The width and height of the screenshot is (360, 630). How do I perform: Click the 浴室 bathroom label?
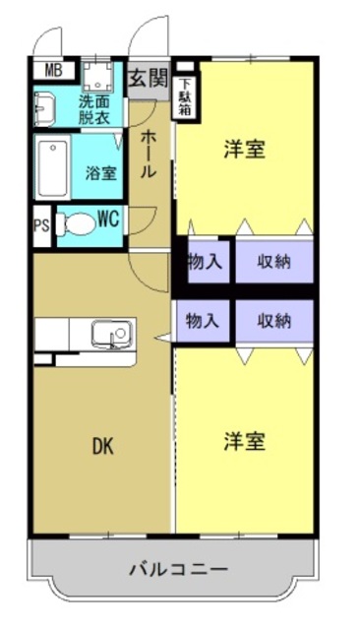[x=100, y=173]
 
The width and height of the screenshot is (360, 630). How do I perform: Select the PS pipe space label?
[x=41, y=224]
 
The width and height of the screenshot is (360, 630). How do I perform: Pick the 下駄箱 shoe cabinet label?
[x=185, y=95]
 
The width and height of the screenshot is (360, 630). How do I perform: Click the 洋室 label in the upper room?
[x=245, y=150]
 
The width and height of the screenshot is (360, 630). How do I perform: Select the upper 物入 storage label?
[x=204, y=262]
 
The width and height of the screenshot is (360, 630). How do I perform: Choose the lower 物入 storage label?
[x=204, y=320]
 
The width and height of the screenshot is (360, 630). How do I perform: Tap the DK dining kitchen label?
[x=102, y=446]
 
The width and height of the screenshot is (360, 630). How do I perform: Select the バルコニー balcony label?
[x=179, y=569]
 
